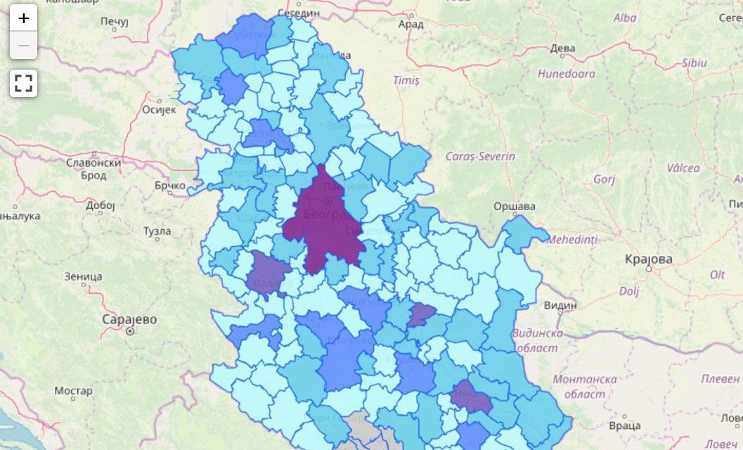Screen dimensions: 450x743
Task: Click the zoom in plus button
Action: (x=23, y=18)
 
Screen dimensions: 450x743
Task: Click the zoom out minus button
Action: (x=23, y=46)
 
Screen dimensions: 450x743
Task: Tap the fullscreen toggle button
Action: (x=23, y=83)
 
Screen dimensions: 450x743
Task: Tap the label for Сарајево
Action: (x=129, y=320)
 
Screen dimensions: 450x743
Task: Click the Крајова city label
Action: (x=648, y=259)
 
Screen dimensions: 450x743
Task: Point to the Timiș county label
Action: (x=406, y=81)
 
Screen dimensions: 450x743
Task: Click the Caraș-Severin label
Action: (x=480, y=156)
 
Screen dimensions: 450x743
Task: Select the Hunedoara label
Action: (x=566, y=73)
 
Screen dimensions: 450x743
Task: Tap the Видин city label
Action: (x=560, y=305)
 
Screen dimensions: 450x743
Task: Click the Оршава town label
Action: (x=514, y=206)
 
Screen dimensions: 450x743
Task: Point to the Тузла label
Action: (x=157, y=231)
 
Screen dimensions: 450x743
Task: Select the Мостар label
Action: (x=73, y=390)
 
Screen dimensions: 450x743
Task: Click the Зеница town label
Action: (x=83, y=276)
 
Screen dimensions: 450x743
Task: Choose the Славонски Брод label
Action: (x=93, y=169)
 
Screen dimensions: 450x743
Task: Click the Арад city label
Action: (x=410, y=24)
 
